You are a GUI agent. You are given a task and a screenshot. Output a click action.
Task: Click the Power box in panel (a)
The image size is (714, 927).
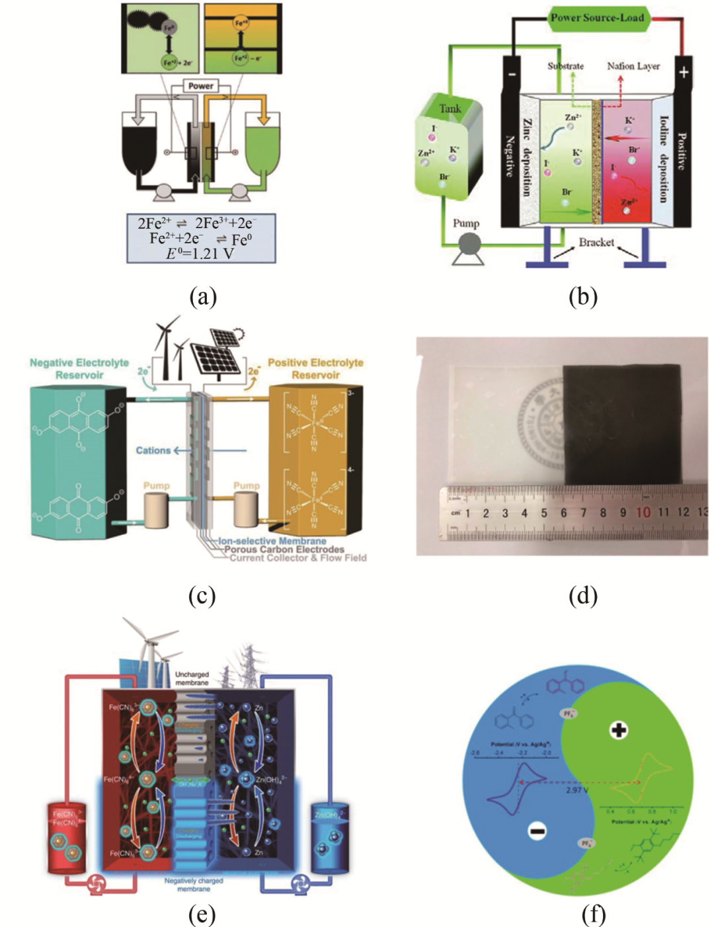[x=200, y=86]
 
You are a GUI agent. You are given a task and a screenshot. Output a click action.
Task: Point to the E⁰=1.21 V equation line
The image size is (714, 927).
[x=200, y=253]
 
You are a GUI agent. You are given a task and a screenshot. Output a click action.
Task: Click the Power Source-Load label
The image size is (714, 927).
[x=597, y=18]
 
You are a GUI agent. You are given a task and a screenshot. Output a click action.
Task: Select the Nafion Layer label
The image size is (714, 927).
[x=633, y=66]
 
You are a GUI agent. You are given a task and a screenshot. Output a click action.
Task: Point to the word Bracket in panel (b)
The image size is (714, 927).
[x=596, y=243]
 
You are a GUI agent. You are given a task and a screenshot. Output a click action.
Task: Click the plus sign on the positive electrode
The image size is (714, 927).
[x=683, y=71]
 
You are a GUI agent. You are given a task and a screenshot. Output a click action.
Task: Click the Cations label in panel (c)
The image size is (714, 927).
[x=153, y=451]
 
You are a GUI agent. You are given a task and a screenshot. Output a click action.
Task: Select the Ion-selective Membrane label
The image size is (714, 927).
[x=272, y=541]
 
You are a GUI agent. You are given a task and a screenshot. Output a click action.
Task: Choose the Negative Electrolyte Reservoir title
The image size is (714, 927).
[x=79, y=369]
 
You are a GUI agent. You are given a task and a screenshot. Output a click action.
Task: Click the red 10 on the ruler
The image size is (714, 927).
[x=643, y=512]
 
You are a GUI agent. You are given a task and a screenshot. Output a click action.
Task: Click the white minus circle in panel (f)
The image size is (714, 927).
[x=537, y=831]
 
